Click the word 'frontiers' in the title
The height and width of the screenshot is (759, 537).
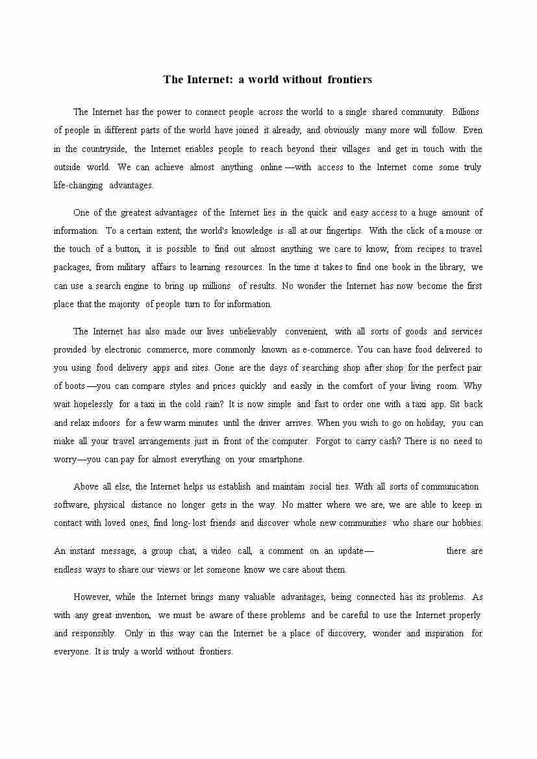pos(350,80)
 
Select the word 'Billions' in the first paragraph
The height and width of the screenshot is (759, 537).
pos(465,112)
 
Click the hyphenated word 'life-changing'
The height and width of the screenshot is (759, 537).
pos(78,185)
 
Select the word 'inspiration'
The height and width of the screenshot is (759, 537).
pos(444,633)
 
